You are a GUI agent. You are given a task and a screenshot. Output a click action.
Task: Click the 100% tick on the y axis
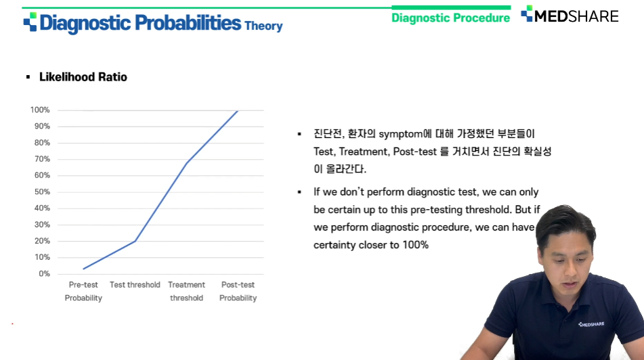pos(40,110)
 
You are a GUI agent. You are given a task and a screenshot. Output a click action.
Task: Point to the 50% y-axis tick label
pos(42,192)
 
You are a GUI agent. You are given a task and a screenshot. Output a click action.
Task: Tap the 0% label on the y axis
pos(45,274)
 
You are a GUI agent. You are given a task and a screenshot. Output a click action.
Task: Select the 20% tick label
pos(42,241)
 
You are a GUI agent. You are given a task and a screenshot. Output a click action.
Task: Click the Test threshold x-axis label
pos(135,284)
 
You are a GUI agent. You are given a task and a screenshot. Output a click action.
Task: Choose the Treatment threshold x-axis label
pos(186,291)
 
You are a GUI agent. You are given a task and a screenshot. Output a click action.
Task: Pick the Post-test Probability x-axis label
pos(238,291)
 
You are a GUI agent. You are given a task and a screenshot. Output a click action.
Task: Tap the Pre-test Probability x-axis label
pos(83,291)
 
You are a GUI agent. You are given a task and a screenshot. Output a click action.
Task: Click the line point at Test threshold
pos(135,241)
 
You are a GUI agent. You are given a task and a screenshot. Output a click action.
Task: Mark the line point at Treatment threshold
pos(187,163)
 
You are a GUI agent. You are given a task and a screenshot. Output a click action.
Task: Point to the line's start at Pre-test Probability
pos(83,269)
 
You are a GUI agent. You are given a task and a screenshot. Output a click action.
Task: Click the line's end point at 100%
pos(238,110)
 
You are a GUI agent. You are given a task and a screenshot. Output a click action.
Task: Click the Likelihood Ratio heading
pos(83,76)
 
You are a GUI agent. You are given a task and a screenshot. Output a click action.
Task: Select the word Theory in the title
pos(263,26)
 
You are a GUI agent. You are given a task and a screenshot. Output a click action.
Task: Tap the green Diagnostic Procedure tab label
pos(450,18)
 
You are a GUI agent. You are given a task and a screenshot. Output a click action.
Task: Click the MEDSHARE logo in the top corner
pos(570,15)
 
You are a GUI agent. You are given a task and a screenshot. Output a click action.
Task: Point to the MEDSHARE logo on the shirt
pos(591,324)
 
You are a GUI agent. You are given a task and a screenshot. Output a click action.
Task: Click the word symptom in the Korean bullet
pos(400,134)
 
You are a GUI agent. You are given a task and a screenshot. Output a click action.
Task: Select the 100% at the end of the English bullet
pos(415,245)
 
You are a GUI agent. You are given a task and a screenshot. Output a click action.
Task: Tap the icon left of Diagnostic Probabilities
pos(30,22)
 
